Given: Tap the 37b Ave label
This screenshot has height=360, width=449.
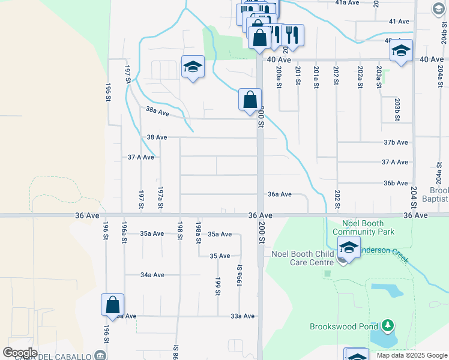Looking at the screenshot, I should point(395,142).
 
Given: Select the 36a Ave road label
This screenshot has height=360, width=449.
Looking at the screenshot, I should point(280,194).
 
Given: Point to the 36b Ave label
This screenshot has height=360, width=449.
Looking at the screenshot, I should point(395,183).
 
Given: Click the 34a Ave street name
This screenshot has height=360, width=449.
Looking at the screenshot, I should point(152,275).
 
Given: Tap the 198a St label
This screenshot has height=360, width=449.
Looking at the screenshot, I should point(198,232).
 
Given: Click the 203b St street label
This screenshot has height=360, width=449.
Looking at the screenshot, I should point(397,109).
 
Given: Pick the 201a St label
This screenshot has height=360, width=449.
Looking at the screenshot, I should point(316,77).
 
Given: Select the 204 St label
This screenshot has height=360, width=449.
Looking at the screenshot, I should point(414,196).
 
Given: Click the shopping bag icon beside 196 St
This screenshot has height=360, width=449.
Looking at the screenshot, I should point(112,305).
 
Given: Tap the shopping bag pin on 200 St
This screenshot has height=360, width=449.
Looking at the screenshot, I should point(250,100).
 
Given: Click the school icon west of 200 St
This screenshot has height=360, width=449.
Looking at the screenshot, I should point(193,67).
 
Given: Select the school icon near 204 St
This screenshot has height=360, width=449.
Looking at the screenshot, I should point(401,51).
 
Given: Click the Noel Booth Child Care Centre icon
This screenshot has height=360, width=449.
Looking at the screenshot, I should point(348,248).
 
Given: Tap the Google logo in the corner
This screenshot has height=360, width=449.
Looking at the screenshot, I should point(20,353).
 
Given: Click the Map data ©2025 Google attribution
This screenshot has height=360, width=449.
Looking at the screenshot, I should point(411,355).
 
